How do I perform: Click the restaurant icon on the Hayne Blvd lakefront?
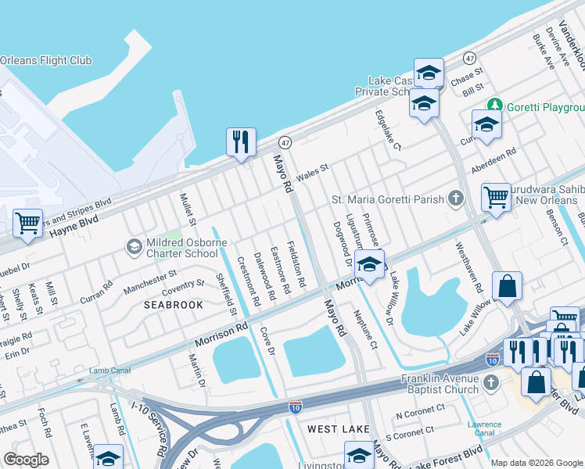(x=241, y=142)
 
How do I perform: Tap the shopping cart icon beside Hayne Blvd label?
(x=27, y=224)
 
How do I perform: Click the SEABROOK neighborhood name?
(x=174, y=305)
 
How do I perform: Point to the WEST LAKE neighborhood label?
(x=334, y=429)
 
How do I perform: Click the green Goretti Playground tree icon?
(x=493, y=106)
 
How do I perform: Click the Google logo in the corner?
(x=26, y=460)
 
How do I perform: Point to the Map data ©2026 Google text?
(x=536, y=463)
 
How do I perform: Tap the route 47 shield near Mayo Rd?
(x=285, y=142)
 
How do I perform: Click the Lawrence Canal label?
(x=485, y=428)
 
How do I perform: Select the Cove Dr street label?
(x=267, y=341)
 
